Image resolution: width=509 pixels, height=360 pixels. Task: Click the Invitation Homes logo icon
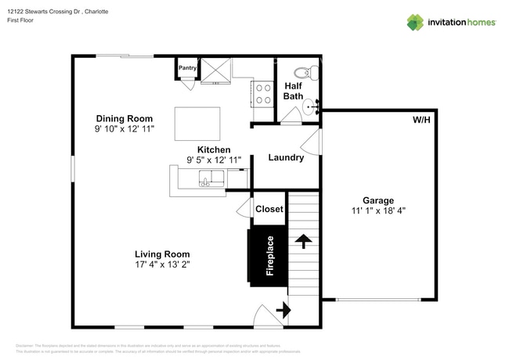pos(415,22)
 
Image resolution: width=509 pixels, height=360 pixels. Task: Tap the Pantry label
pos(188,68)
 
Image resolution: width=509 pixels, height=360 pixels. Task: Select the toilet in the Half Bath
pos(311,73)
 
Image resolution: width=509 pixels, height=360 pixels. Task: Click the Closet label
pos(269,209)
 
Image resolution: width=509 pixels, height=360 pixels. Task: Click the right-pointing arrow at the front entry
pos(282,311)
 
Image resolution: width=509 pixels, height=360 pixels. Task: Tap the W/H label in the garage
pos(422,121)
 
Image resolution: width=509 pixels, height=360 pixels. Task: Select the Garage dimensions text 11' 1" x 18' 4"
pos(377,211)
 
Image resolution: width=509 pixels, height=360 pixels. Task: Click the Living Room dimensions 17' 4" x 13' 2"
pos(162,265)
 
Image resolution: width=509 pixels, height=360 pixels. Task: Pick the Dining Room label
pos(120,117)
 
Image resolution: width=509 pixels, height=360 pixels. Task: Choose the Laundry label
pos(286,157)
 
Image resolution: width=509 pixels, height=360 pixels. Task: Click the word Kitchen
pos(213,149)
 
